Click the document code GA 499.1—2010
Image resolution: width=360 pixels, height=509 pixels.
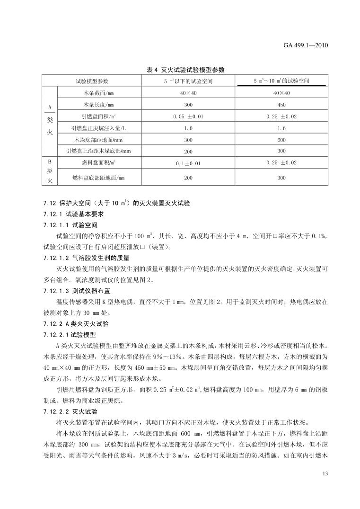coord(306,45)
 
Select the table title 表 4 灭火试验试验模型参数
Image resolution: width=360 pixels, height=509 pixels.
coord(185,70)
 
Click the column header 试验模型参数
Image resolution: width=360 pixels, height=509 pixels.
coord(93,81)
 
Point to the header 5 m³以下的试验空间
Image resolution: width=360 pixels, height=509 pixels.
coord(188,81)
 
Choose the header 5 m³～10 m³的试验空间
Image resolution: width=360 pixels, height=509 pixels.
coord(281,81)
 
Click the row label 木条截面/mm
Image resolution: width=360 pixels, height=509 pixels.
coord(98,93)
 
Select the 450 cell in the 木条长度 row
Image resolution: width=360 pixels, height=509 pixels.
coord(281,105)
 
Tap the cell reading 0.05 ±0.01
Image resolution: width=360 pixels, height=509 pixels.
coord(188,116)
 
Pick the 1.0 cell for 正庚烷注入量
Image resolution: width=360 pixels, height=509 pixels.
coord(188,128)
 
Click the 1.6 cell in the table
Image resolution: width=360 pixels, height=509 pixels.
coord(281,128)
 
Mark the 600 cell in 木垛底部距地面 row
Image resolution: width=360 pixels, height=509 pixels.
coord(281,140)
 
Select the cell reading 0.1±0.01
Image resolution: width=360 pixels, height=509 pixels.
coord(188,164)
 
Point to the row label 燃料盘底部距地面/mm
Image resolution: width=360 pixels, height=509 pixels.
coord(98,178)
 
